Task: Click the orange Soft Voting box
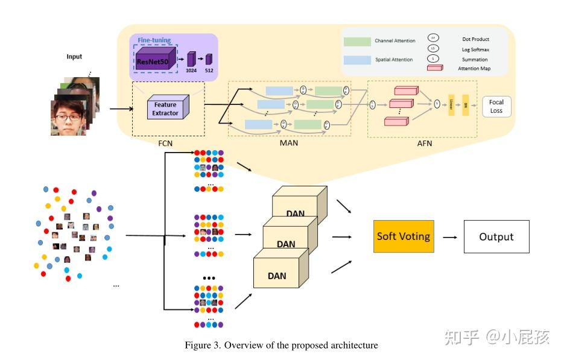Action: (x=404, y=236)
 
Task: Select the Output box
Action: (x=496, y=236)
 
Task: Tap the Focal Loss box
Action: (x=496, y=107)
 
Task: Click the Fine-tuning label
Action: (x=154, y=40)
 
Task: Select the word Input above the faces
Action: (x=74, y=57)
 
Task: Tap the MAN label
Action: (x=289, y=144)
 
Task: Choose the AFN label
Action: (x=424, y=144)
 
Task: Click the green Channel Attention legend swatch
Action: (x=357, y=41)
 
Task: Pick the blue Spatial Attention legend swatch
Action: (x=357, y=60)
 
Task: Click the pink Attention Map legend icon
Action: (x=435, y=68)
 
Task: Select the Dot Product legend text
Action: (x=476, y=40)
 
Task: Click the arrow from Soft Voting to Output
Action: (x=449, y=237)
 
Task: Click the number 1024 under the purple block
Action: (x=192, y=69)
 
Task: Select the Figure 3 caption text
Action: (x=281, y=346)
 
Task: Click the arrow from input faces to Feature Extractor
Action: (x=121, y=109)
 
